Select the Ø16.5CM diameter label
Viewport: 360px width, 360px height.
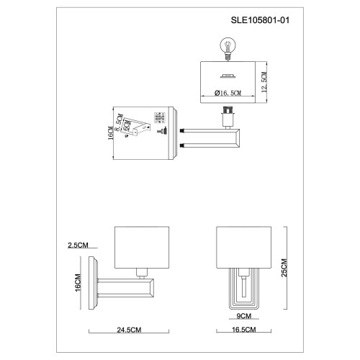tap(228, 93)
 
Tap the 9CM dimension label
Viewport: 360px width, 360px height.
tap(243, 316)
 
